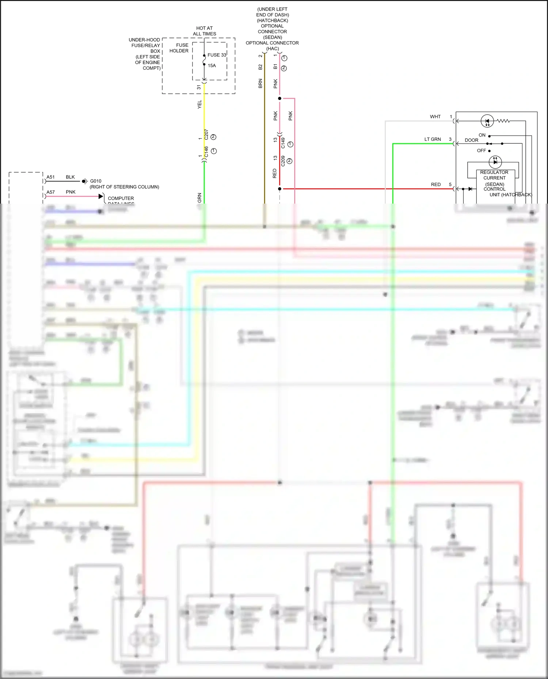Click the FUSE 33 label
[217, 55]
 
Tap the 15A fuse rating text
[212, 66]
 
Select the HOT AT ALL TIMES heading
[205, 31]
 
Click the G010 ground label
[96, 181]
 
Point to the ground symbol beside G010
[85, 181]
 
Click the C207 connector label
[206, 134]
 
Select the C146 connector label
[206, 152]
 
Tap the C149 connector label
[283, 143]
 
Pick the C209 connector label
[283, 161]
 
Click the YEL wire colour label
[199, 104]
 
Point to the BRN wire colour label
[260, 83]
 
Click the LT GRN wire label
[433, 139]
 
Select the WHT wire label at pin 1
[435, 117]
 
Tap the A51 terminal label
[50, 177]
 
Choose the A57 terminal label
[50, 192]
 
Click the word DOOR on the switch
[471, 140]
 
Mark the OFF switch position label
[482, 151]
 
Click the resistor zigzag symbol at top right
[503, 121]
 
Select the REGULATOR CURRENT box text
[494, 175]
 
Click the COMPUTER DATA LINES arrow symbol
[101, 196]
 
